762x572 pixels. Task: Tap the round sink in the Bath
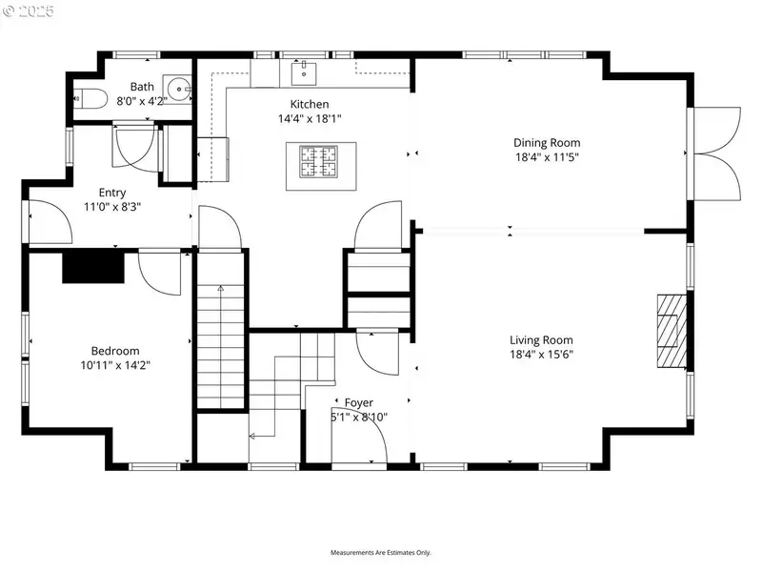coord(179,89)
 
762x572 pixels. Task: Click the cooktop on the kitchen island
coord(319,161)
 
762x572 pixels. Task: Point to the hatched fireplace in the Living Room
coord(672,331)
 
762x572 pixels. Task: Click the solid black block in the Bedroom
coord(93,267)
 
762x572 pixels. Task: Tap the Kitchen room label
coord(310,104)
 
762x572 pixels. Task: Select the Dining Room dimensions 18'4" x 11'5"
coord(547,157)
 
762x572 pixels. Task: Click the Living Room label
coord(541,340)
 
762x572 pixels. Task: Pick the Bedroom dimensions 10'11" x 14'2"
coord(115,365)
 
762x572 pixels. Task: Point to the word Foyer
coord(359,402)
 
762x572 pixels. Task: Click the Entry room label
coord(112,193)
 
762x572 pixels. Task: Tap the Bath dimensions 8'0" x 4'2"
coord(142,101)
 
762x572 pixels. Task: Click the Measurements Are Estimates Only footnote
coord(380,553)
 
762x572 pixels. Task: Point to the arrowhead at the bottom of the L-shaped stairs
coord(252,437)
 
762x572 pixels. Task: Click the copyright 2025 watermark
coord(29,10)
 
